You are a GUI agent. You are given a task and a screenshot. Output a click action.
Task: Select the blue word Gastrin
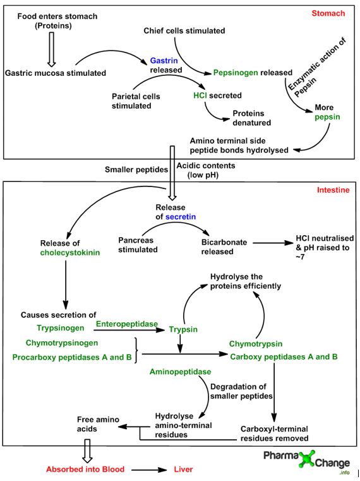[x=163, y=60]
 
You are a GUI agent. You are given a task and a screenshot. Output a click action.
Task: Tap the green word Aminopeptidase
[x=180, y=372]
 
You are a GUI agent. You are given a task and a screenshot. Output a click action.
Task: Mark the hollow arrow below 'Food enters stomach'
[x=52, y=51]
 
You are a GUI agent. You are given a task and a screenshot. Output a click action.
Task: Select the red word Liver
[x=183, y=470]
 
